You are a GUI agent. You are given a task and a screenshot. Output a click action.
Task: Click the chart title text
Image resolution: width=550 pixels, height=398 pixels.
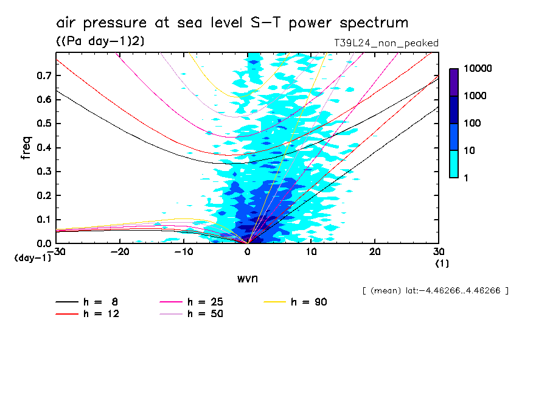(x=232, y=23)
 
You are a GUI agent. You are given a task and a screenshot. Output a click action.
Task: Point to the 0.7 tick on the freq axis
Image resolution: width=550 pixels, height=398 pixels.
(x=43, y=75)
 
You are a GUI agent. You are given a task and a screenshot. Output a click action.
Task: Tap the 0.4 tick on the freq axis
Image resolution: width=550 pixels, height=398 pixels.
(x=43, y=147)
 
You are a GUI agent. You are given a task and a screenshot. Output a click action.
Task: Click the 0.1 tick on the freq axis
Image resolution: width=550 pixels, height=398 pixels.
(x=43, y=219)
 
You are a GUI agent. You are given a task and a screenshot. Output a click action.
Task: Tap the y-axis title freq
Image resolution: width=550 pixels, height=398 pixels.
(x=26, y=148)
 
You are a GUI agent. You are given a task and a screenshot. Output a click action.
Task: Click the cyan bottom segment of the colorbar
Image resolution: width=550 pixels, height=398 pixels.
(x=454, y=164)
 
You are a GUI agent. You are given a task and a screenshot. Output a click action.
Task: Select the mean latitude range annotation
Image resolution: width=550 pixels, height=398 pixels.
(x=435, y=291)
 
